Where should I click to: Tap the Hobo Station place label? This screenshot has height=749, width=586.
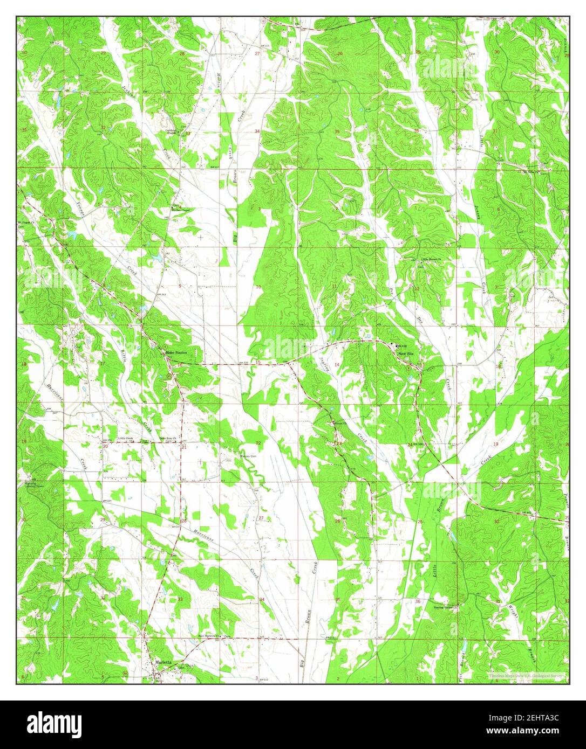click(176, 352)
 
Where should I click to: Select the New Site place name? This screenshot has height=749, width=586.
click(406, 353)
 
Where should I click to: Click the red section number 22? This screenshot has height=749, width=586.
click(258, 443)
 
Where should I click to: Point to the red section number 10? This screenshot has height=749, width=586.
click(258, 287)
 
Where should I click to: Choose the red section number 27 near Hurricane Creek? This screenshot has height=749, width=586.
click(261, 518)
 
